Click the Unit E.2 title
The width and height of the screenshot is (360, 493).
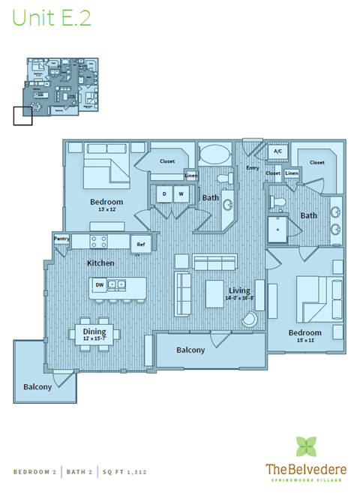pos(52,19)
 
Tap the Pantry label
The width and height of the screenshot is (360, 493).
pos(61,239)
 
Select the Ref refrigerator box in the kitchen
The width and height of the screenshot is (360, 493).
pos(140,244)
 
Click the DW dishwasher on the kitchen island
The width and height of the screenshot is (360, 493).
pos(99,284)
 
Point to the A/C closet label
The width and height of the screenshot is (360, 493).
pos(277,152)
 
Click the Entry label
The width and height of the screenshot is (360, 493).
pos(252,167)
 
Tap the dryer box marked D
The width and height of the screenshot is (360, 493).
pos(164,194)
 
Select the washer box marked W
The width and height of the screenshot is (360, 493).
pos(180,194)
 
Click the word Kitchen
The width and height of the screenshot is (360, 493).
pos(100,263)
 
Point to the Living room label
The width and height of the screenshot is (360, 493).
pos(239,291)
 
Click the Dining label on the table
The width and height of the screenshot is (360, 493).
pos(94,332)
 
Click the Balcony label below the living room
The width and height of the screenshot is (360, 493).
pos(190,350)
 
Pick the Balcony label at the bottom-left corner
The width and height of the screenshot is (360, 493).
pos(37,386)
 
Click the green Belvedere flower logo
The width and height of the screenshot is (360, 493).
pos(305,446)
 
